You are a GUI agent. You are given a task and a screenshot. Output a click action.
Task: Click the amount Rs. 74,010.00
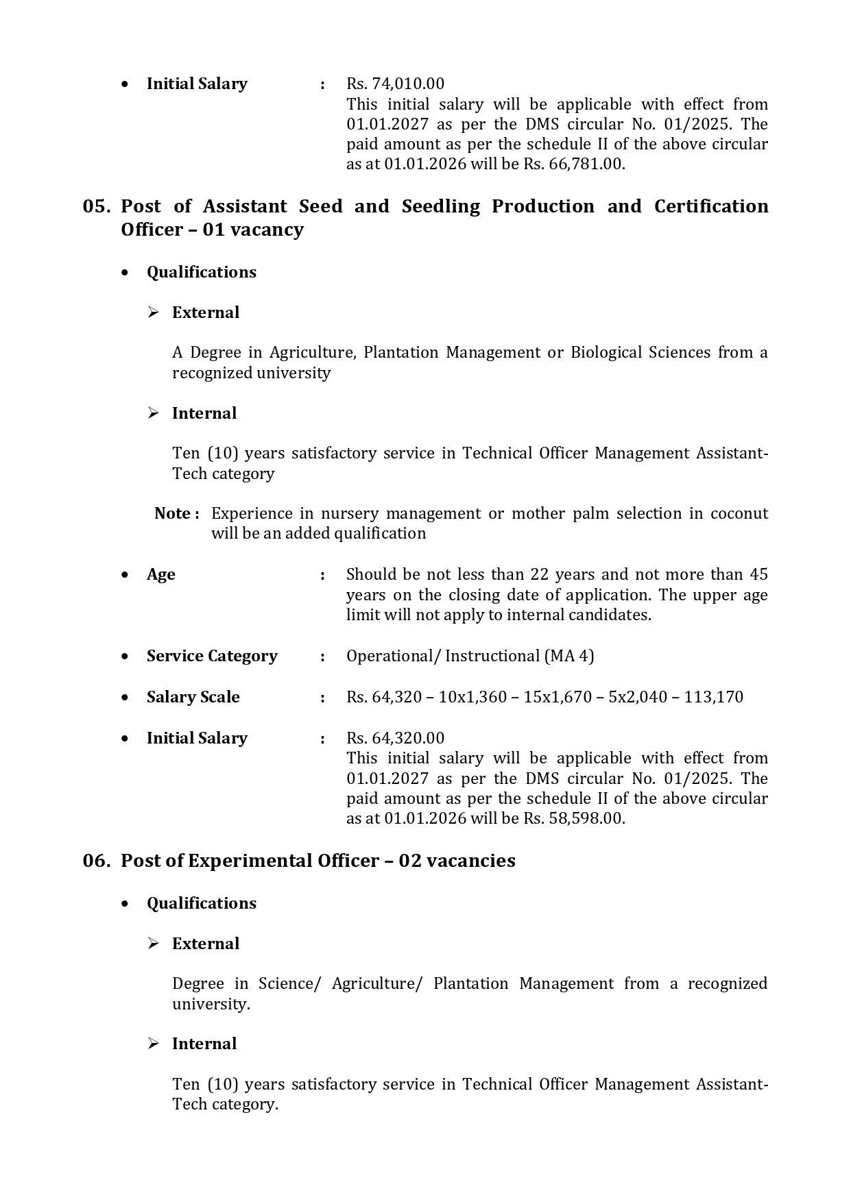(395, 84)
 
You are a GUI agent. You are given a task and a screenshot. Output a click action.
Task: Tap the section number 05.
(97, 206)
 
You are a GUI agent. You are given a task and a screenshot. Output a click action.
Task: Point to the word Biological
(608, 352)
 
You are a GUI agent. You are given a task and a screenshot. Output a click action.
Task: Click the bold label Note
(173, 513)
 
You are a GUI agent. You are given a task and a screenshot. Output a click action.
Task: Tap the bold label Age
(160, 574)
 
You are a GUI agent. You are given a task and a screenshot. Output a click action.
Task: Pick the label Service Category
(212, 656)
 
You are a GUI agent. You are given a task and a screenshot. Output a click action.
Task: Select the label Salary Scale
(193, 697)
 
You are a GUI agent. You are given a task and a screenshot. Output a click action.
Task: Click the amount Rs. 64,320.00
(395, 738)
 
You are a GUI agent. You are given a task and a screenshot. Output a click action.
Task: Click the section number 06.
(97, 861)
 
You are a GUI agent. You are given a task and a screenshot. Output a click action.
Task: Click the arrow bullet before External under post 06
(154, 944)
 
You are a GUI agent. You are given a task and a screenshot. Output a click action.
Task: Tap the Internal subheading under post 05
(204, 413)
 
